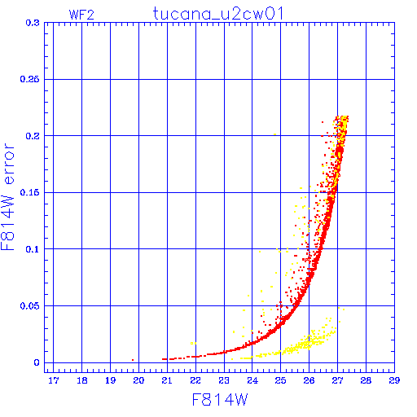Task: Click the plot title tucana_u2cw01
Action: pos(218,14)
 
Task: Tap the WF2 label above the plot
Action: pos(81,15)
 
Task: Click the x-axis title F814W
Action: pos(220,400)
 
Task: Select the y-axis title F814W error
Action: pos(7,197)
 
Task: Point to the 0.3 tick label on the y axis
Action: pos(33,23)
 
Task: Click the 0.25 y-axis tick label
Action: pos(29,79)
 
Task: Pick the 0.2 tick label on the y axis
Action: pos(33,136)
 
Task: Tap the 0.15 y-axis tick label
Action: pos(29,192)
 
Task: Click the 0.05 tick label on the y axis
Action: pos(29,306)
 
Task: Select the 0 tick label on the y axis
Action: pos(37,362)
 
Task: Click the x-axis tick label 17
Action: pos(54,380)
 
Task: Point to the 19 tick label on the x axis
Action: pos(110,380)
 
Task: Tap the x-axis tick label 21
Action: pos(167,380)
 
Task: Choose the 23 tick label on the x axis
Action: pos(224,380)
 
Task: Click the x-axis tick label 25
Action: pos(280,380)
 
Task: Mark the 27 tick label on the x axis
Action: pos(337,380)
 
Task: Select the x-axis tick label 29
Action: pos(394,380)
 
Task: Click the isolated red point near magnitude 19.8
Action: pos(133,360)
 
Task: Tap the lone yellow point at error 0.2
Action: pos(274,134)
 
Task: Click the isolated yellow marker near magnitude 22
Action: pos(193,344)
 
